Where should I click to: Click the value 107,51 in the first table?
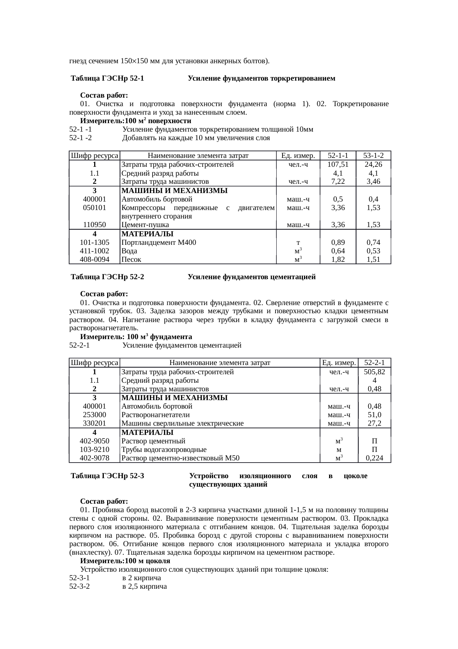coord(338,165)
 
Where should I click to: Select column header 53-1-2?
coord(373,156)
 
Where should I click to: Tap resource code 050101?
coord(95,208)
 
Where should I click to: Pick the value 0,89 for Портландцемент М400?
coord(338,243)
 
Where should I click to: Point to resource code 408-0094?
coord(95,260)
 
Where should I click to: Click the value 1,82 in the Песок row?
coord(338,260)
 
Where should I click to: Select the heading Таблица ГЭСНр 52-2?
coord(107,277)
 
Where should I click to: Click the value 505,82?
coord(374,372)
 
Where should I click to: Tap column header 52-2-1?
coord(374,363)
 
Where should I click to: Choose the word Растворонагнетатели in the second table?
coord(155,415)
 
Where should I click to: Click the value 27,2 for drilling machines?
coord(374,423)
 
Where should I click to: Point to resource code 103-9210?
coord(95,450)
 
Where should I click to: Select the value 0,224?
coord(374,458)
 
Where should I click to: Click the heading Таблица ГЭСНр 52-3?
coord(107,476)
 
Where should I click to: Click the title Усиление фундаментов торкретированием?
coord(262,79)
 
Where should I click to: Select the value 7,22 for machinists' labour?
coord(338,182)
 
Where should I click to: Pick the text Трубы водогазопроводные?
coord(164,450)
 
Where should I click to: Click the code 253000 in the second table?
coord(95,415)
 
